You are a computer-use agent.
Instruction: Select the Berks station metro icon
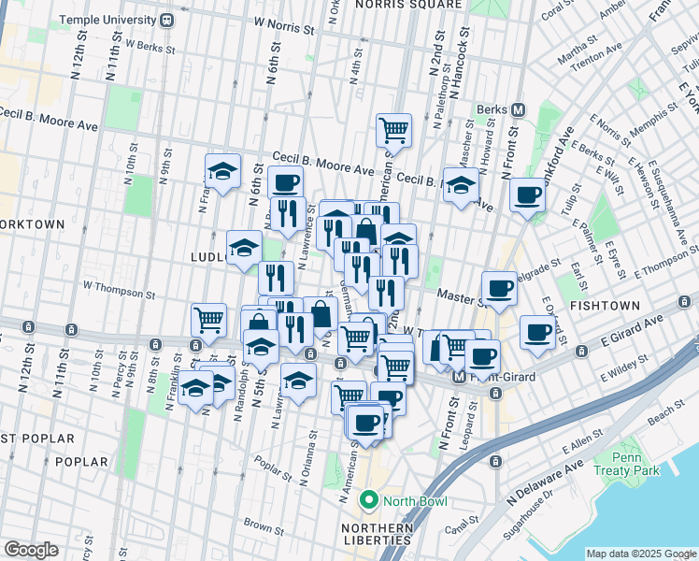tap(518, 109)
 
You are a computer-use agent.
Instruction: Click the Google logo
tap(31, 549)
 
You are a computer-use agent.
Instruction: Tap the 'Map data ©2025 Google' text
tap(640, 554)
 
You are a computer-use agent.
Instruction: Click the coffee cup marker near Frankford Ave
tap(528, 195)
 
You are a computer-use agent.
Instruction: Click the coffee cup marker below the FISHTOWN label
tap(536, 333)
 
